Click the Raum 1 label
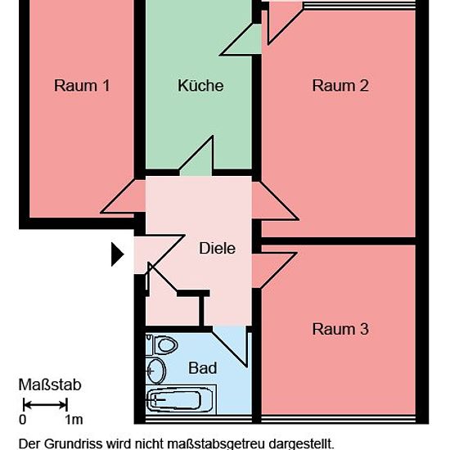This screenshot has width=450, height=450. [x=82, y=86]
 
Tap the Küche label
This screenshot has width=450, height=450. [x=200, y=85]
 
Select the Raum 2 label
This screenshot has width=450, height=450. [x=340, y=86]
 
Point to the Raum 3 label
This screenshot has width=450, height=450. [x=340, y=329]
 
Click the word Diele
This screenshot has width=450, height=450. [x=218, y=248]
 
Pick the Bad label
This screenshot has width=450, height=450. [x=203, y=368]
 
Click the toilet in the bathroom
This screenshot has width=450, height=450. [x=162, y=344]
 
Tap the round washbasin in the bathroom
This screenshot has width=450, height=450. [x=155, y=371]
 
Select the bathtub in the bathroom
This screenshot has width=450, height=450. [x=181, y=400]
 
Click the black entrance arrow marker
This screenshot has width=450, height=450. [x=117, y=254]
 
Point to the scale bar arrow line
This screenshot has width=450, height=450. [x=45, y=405]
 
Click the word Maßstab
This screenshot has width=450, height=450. [x=50, y=385]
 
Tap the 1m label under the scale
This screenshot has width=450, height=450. [x=74, y=420]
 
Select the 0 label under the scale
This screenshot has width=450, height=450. [x=22, y=420]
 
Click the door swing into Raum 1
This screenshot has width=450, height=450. [x=124, y=196]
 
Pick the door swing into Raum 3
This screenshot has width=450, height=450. [x=274, y=270]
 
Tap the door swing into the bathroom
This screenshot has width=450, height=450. [x=230, y=347]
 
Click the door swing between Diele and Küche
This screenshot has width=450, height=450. [x=196, y=155]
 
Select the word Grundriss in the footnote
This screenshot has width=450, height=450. [x=74, y=443]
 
